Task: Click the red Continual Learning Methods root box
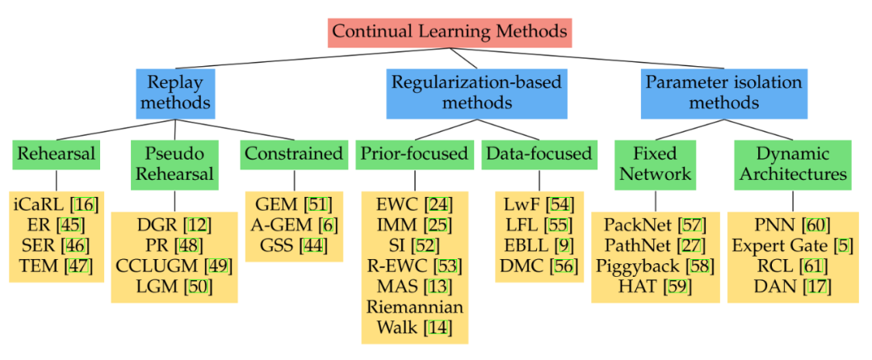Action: point(450,32)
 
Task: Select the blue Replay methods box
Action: point(175,92)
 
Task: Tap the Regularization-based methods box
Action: point(476,92)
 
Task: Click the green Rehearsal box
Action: point(56,153)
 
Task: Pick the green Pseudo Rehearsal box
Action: point(174,163)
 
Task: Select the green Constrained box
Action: point(294,153)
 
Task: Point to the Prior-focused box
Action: point(414,153)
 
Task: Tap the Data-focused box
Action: point(537,153)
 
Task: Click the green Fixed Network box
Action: point(655,163)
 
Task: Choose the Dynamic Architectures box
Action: point(792,163)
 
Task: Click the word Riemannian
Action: point(414,308)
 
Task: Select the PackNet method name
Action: point(631,224)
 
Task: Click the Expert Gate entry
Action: point(778,245)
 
